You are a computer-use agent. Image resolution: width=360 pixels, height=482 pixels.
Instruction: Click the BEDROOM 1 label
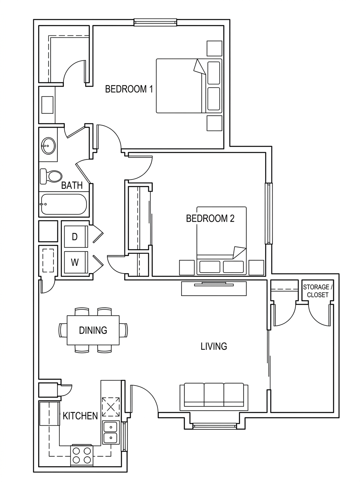pyautogui.click(x=129, y=89)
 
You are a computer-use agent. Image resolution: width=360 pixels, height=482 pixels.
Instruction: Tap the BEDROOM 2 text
pyautogui.click(x=210, y=218)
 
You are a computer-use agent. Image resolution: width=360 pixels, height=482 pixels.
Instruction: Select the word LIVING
pyautogui.click(x=214, y=346)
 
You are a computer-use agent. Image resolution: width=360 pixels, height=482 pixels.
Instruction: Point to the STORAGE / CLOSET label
pyautogui.click(x=317, y=291)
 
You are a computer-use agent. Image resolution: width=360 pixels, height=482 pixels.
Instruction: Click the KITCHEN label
pyautogui.click(x=80, y=416)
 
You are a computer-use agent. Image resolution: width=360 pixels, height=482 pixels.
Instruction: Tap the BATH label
pyautogui.click(x=72, y=185)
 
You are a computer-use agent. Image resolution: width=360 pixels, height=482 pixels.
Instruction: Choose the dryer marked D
pyautogui.click(x=76, y=237)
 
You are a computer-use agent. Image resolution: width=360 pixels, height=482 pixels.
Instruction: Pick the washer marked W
pyautogui.click(x=76, y=262)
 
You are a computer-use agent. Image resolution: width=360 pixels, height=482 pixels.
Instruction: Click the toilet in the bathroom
pyautogui.click(x=51, y=176)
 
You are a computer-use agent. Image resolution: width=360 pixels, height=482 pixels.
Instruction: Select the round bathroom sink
pyautogui.click(x=48, y=146)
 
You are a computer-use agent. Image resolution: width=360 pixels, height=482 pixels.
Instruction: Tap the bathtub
pyautogui.click(x=64, y=204)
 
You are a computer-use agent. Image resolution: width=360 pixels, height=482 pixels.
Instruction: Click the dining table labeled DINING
pyautogui.click(x=93, y=330)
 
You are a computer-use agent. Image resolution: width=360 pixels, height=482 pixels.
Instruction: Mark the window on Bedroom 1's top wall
pyautogui.click(x=155, y=22)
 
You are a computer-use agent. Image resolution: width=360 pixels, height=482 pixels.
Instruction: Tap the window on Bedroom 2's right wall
pyautogui.click(x=269, y=214)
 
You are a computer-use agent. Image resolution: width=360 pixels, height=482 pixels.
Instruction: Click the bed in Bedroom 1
pyautogui.click(x=189, y=86)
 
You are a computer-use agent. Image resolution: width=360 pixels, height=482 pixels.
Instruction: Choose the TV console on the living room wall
pyautogui.click(x=214, y=288)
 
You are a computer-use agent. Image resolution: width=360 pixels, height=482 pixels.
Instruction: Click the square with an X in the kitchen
pyautogui.click(x=111, y=407)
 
